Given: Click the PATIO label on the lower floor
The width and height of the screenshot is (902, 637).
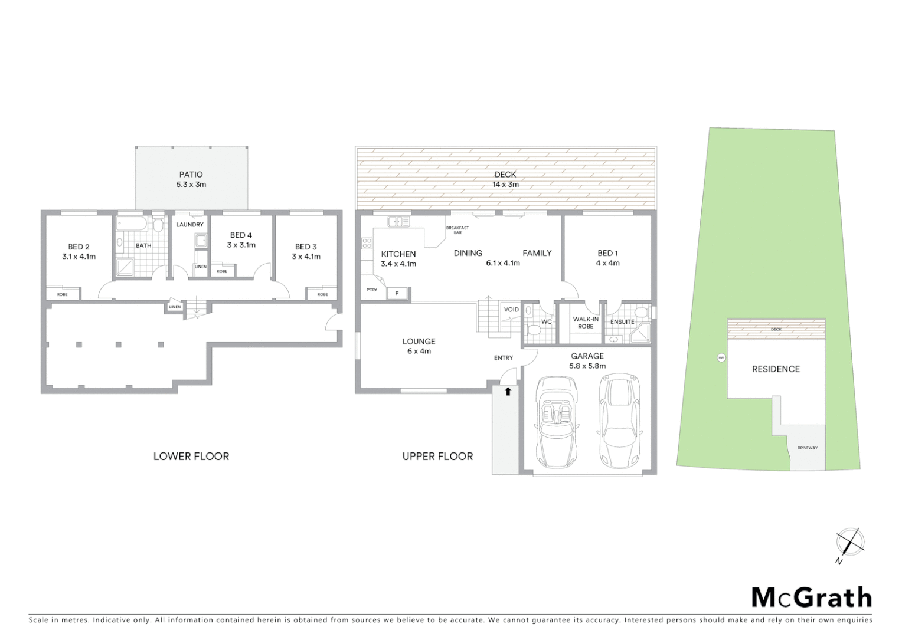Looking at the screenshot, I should click(191, 175).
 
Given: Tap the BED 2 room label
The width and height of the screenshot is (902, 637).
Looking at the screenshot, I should click(79, 247).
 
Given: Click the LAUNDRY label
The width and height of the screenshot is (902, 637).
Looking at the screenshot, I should click(189, 225).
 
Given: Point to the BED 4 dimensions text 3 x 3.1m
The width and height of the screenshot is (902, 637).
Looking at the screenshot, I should click(241, 245).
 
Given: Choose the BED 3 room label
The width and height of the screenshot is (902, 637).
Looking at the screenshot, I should click(306, 247).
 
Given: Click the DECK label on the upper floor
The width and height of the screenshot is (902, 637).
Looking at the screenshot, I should click(505, 175).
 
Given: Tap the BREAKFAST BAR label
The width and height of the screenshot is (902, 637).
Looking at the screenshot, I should click(457, 230).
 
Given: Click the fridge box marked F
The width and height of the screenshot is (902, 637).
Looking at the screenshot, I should click(397, 293).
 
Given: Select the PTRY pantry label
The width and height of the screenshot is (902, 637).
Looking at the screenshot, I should click(372, 290).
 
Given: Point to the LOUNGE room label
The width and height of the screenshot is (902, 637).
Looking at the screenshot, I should click(419, 341).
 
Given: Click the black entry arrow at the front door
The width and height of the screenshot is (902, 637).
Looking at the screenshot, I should click(507, 390).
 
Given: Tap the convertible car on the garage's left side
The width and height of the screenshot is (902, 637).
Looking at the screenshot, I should click(557, 421).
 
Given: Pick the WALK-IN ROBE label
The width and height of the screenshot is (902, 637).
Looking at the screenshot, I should click(586, 323).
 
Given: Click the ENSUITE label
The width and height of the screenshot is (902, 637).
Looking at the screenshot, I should click(622, 322).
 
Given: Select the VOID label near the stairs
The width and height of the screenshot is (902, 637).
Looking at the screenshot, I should click(511, 310).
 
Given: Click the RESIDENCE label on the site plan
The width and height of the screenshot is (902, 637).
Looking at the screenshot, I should click(776, 369).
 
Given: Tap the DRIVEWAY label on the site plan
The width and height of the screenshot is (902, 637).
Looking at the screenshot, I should click(807, 448).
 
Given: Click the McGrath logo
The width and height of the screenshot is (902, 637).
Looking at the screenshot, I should click(812, 597).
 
